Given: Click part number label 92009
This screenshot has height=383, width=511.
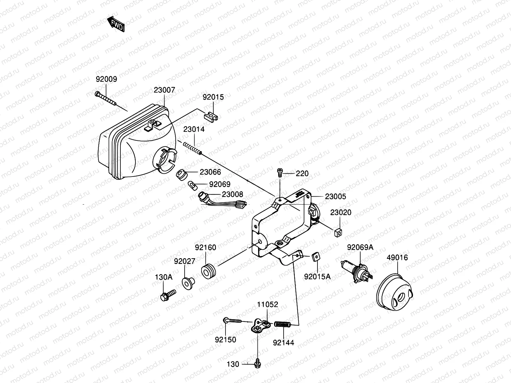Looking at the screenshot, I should (x=106, y=79).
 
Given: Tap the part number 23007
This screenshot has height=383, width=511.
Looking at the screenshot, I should (x=164, y=90).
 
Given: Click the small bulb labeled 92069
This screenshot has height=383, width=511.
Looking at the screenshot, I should (x=192, y=185).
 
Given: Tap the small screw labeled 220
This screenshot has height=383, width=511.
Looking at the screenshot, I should (x=280, y=172).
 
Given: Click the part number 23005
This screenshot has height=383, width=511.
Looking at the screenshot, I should (x=335, y=197).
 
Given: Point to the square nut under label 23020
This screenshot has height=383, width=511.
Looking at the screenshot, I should (x=339, y=233).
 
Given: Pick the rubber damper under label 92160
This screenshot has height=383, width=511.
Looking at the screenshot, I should (x=210, y=271).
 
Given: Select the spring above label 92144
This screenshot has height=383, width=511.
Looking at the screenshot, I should (x=282, y=324).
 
